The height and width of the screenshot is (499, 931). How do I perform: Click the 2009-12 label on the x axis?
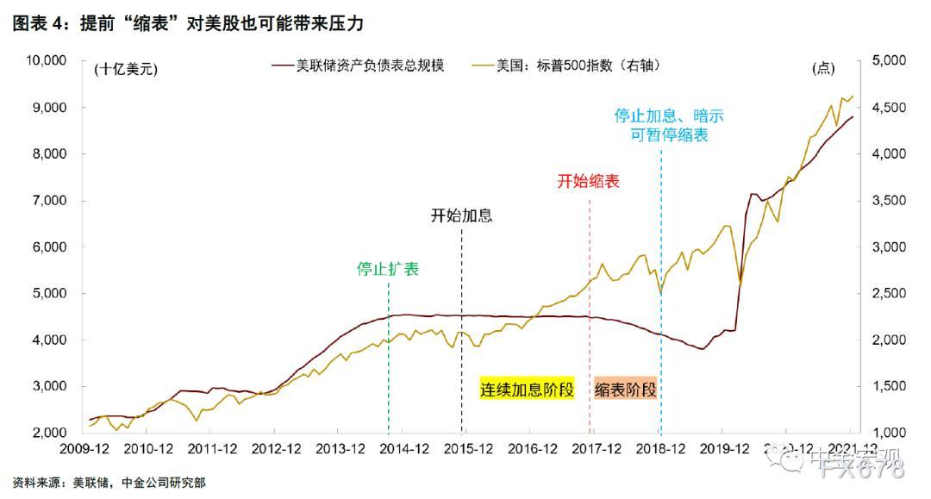pos(83,449)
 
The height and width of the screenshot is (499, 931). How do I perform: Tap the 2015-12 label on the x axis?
pos(466,449)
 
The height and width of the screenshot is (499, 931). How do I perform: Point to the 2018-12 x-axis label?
pos(659,449)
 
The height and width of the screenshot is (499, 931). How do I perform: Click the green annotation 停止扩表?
pos(388,269)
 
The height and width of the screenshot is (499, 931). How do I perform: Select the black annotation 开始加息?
pos(461,215)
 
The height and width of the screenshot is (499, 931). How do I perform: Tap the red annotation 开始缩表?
pos(589,181)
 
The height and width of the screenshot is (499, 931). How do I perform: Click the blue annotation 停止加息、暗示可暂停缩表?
pos(662,125)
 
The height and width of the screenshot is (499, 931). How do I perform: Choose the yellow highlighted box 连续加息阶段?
pos(526,390)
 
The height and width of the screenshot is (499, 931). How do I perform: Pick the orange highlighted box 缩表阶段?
pos(626,390)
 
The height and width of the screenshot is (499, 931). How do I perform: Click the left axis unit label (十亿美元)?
pos(127,70)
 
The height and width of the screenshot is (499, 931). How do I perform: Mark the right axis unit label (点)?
pos(823,69)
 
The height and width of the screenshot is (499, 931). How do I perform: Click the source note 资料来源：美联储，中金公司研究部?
pos(109,483)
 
